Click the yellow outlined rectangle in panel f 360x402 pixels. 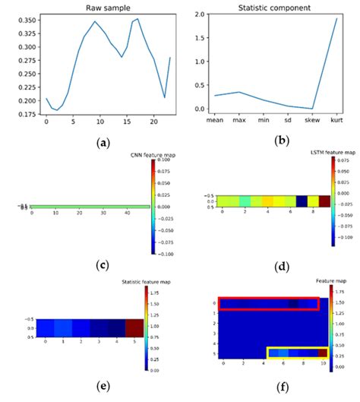click(x=298, y=353)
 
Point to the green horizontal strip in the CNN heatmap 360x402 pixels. click(x=90, y=205)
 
